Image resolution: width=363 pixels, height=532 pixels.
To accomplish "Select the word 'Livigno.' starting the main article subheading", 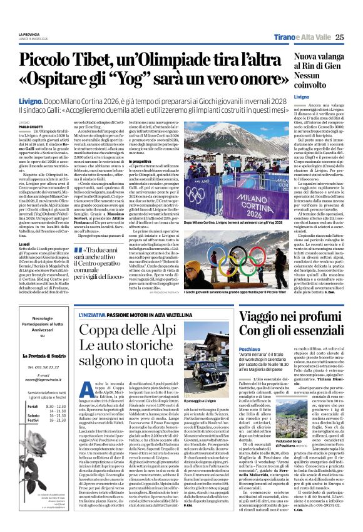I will point(48,99).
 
